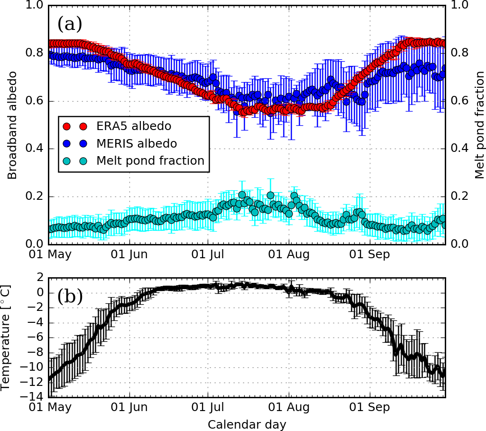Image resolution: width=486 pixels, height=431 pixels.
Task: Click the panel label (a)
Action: click(69, 23)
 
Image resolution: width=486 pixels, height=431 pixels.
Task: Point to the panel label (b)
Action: click(70, 297)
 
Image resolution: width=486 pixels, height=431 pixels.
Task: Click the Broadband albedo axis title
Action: click(12, 125)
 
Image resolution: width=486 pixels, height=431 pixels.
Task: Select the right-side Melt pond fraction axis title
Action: click(479, 125)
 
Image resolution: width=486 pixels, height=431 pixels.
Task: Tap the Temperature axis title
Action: click(7, 337)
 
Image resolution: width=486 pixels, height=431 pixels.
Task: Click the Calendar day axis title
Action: click(247, 424)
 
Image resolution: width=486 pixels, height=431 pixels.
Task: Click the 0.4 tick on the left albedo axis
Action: click(36, 149)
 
